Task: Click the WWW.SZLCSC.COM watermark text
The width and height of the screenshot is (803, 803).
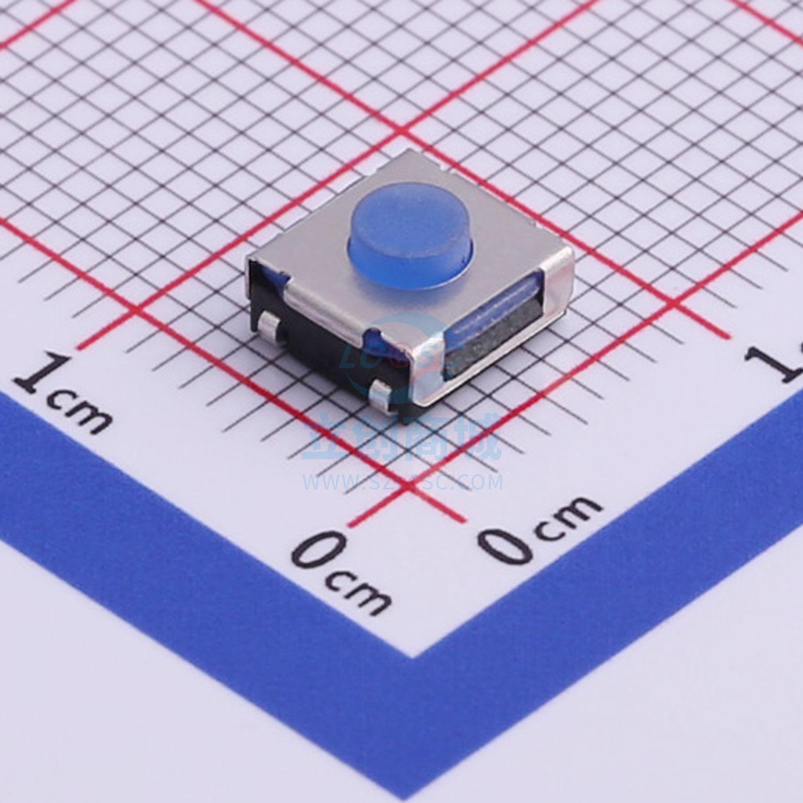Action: click(401, 482)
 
